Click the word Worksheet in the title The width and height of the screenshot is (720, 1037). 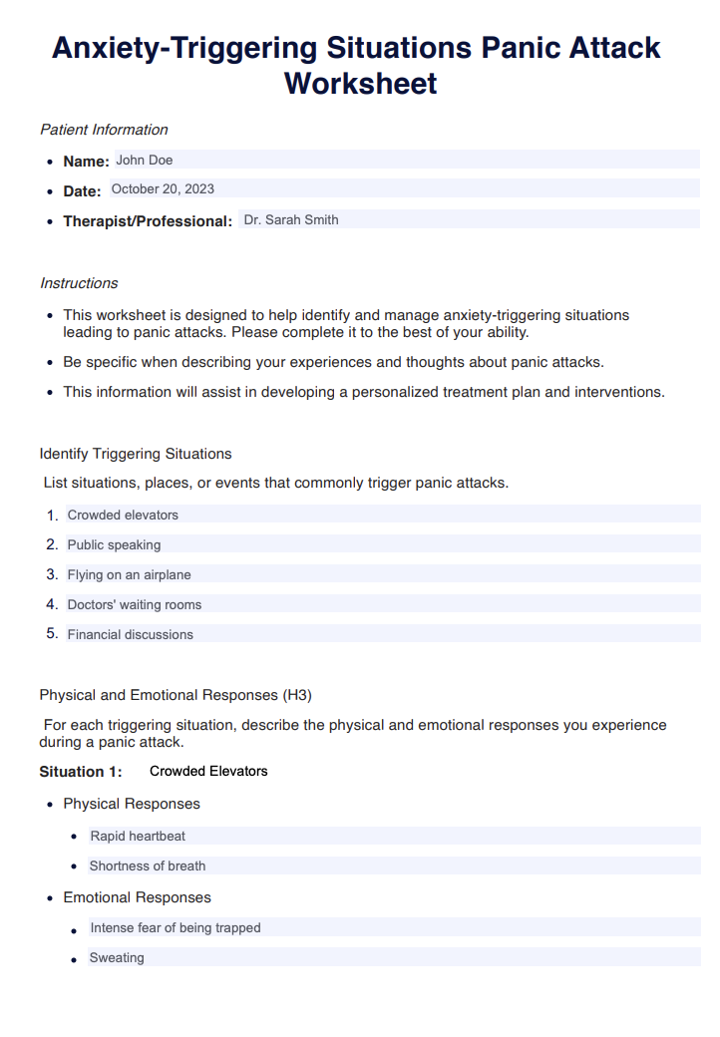click(x=360, y=83)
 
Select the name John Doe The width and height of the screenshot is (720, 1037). click(x=145, y=160)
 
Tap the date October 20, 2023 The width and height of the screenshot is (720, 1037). click(x=163, y=189)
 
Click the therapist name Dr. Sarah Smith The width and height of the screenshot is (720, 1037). click(x=291, y=220)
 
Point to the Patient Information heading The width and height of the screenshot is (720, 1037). click(x=104, y=130)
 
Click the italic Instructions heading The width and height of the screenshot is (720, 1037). click(x=79, y=283)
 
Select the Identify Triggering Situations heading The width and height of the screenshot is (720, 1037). click(x=136, y=454)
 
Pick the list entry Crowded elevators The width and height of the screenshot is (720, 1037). click(x=123, y=516)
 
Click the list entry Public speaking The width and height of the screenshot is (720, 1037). click(x=114, y=545)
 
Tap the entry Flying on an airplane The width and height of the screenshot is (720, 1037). click(x=129, y=575)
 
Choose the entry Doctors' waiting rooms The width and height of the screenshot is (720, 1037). click(x=135, y=605)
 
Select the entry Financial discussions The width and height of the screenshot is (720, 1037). click(x=131, y=635)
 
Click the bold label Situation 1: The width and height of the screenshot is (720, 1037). click(x=81, y=772)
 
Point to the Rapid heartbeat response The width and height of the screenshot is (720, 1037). click(x=138, y=837)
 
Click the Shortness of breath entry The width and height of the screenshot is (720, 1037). click(x=148, y=866)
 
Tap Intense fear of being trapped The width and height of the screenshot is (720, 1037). click(x=176, y=928)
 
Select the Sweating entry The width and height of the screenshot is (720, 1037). click(x=117, y=958)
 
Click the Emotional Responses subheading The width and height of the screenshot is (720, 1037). click(x=137, y=897)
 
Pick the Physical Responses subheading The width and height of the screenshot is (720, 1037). click(x=132, y=804)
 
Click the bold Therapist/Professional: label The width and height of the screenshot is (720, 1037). click(x=148, y=221)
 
